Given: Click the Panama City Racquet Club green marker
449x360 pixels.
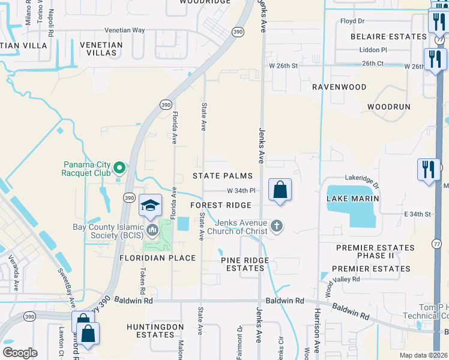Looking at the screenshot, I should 119,169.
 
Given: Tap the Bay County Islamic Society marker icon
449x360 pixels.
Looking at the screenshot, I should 152,229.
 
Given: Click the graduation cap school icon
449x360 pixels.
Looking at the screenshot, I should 149,206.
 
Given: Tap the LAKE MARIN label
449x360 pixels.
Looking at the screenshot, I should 352,198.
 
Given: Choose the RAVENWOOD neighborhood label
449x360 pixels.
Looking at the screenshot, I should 339,87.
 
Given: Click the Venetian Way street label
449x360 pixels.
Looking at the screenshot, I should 125,30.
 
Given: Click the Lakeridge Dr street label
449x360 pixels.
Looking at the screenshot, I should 363,178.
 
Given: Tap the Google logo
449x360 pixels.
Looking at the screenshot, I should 20,352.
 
